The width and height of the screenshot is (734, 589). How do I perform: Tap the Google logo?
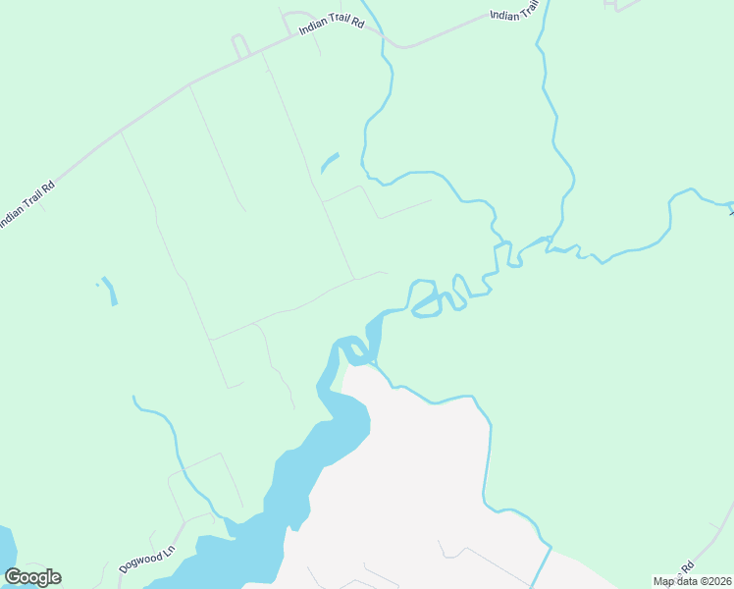tap(32, 577)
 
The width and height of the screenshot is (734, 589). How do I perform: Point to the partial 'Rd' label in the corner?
tap(688, 566)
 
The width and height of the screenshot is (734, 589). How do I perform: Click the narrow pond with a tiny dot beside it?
tap(109, 291)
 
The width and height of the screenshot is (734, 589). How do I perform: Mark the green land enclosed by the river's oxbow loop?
tap(425, 298)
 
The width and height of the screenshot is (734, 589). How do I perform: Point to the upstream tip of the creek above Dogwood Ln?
tap(134, 398)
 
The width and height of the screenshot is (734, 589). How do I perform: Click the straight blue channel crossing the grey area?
tap(541, 567)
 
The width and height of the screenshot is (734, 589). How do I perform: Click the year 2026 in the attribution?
tap(718, 581)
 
